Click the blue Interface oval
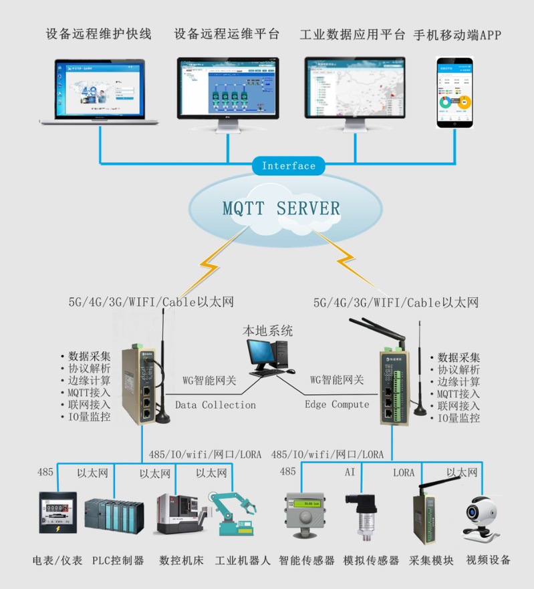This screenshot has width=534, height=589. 288,166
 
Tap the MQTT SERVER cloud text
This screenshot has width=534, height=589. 281,208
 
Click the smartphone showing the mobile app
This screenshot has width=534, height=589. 454,92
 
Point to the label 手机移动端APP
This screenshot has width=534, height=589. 457,35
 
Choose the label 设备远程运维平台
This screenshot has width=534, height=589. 227,35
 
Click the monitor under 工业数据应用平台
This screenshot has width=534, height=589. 354,90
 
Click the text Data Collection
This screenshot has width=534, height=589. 215,405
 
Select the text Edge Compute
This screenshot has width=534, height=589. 337,405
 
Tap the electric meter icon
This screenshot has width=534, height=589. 57,513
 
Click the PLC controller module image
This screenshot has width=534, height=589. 114,516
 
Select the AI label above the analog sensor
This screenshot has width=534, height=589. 350,473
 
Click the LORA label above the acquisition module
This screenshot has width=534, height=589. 404,473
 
